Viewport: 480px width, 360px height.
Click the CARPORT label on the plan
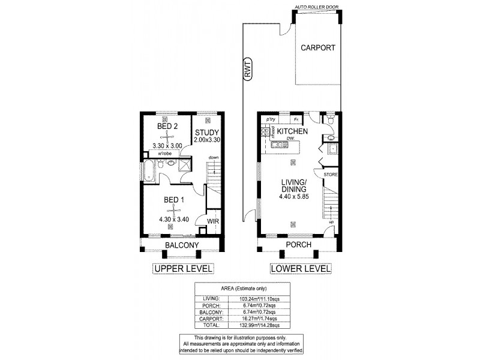(x=318, y=47)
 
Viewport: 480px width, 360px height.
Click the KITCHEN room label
(x=293, y=131)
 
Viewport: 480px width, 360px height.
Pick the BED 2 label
(x=167, y=126)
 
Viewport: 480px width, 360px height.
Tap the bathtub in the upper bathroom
(x=148, y=171)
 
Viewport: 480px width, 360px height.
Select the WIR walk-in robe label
(x=212, y=221)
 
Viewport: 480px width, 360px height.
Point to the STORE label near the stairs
(x=331, y=174)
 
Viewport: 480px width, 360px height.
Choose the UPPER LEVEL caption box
(x=184, y=269)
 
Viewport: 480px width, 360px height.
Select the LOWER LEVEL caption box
(x=301, y=269)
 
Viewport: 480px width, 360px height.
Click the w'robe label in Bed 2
(x=166, y=154)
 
